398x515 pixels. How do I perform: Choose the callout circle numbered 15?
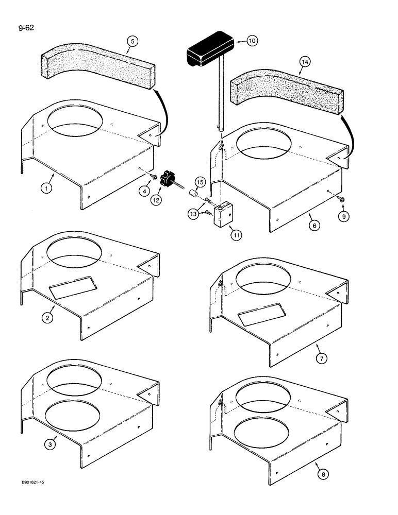(200, 182)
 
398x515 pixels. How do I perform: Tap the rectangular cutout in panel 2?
(71, 287)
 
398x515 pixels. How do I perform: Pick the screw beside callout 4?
(153, 177)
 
